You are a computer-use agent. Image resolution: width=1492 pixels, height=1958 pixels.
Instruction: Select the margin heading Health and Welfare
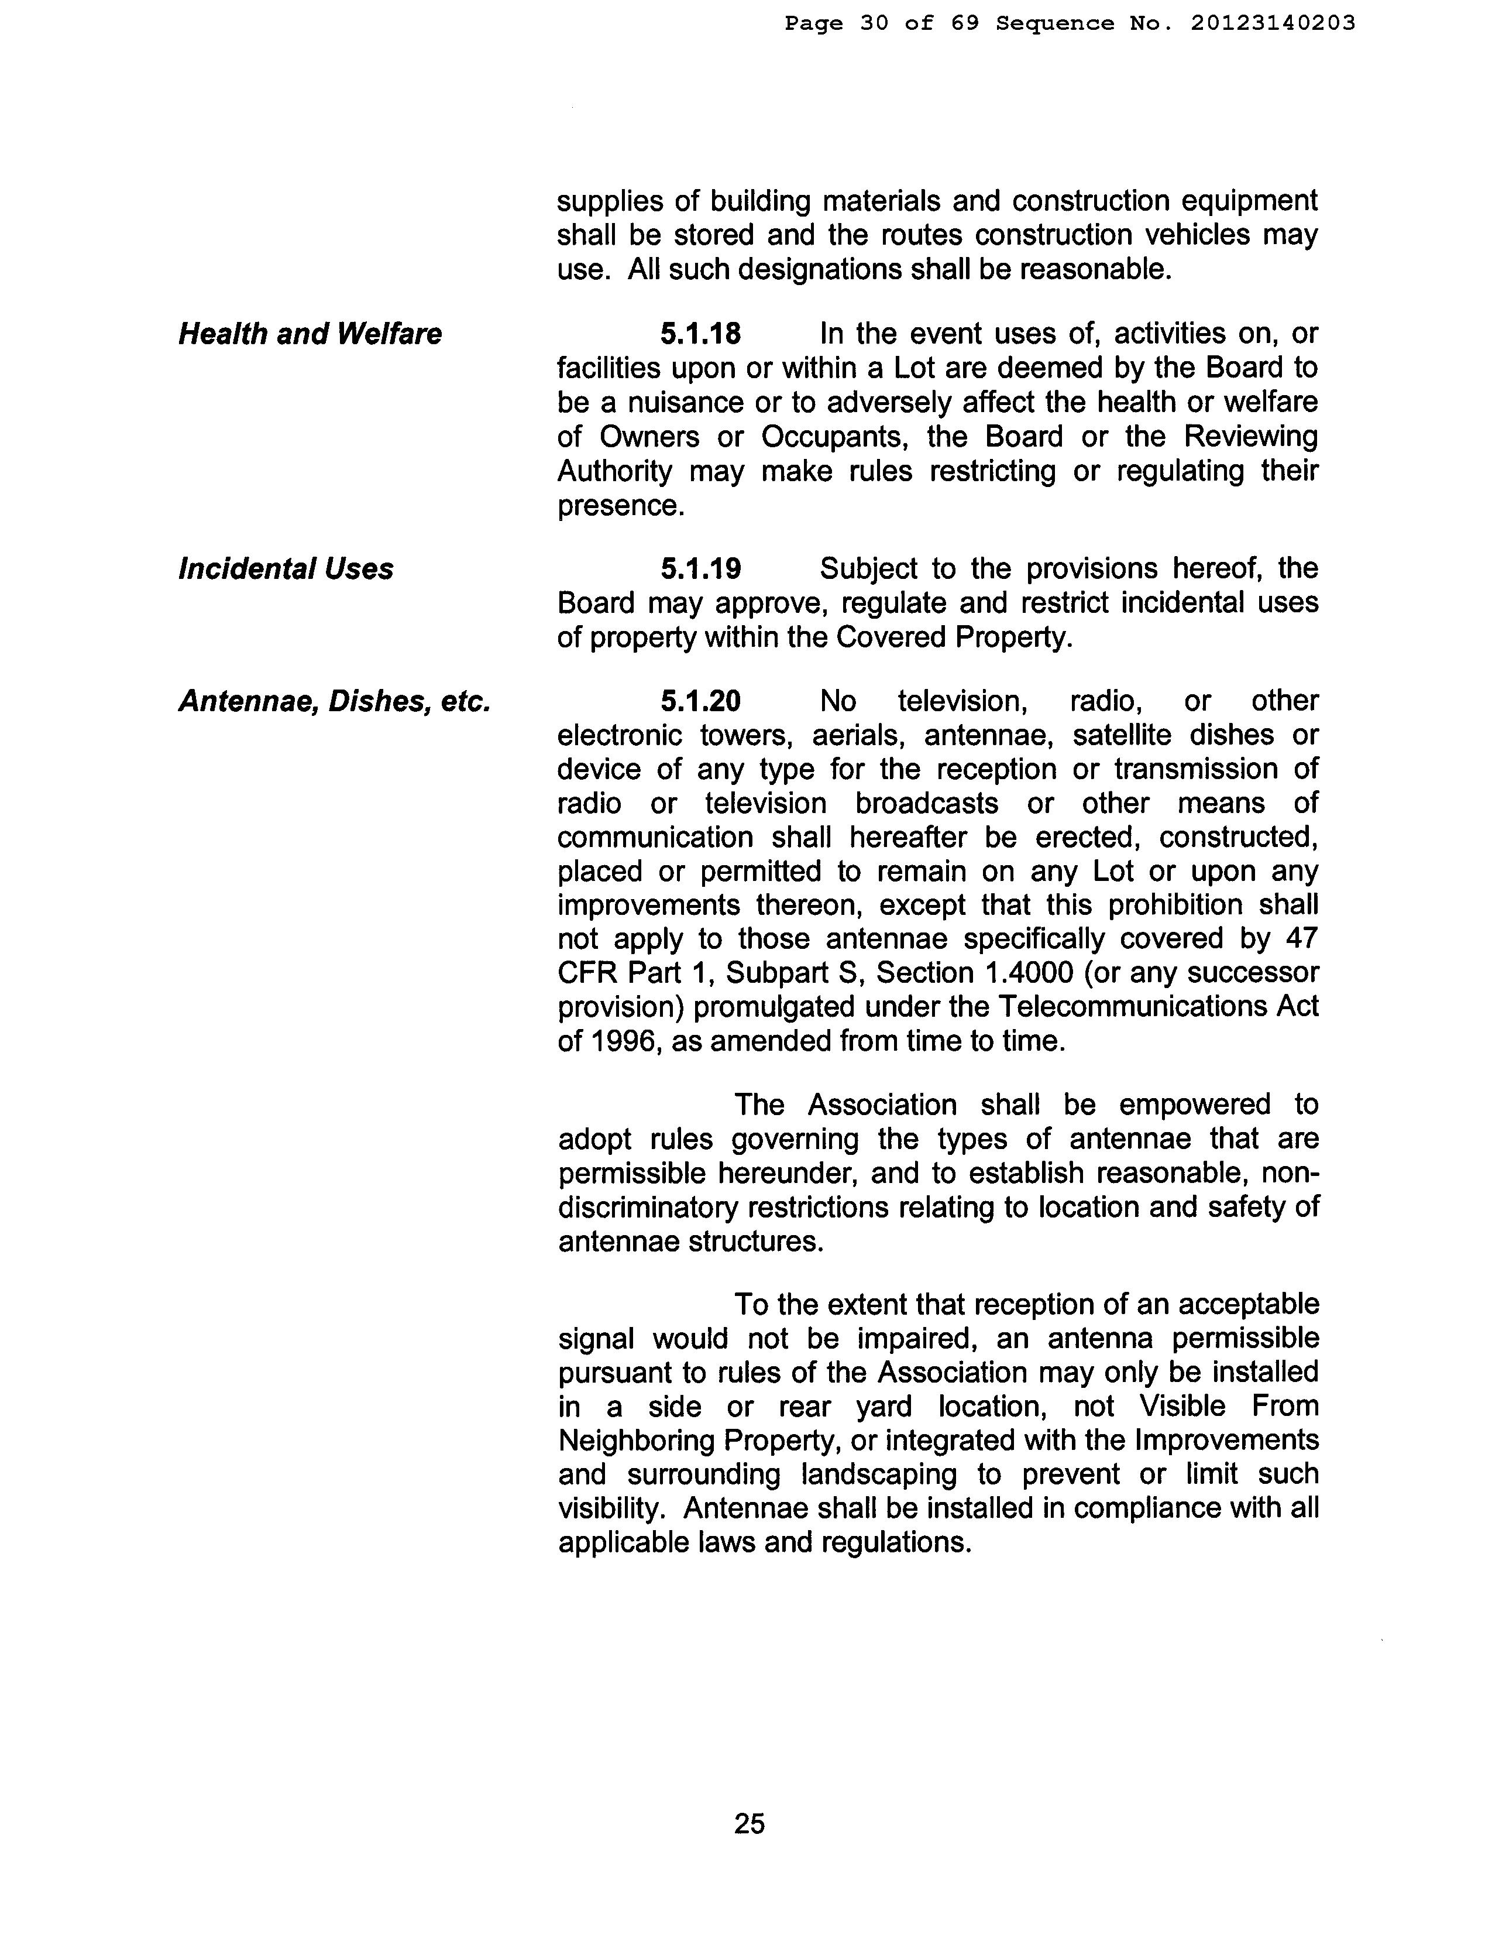pyautogui.click(x=310, y=334)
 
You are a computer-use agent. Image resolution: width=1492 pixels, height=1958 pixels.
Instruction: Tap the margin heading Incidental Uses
pyautogui.click(x=286, y=568)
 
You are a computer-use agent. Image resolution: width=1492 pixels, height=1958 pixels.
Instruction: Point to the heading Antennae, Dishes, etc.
pyautogui.click(x=335, y=701)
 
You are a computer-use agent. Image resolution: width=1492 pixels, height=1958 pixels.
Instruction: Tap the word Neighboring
pyautogui.click(x=638, y=1440)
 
